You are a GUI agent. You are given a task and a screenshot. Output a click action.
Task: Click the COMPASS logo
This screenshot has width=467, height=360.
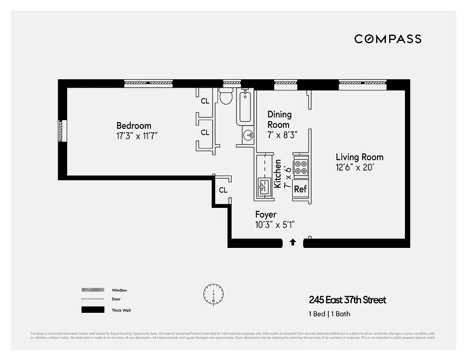coord(388,39)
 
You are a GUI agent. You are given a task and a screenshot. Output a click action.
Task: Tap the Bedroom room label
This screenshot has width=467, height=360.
coord(134,126)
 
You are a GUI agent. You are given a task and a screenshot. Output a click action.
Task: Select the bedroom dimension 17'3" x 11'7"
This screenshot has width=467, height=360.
coord(137,135)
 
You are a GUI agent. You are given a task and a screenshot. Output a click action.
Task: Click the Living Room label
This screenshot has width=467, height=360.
coord(359,157)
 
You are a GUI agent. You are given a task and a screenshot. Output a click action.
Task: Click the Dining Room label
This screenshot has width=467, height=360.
coord(279,120)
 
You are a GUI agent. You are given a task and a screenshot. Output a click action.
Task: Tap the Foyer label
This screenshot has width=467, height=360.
coord(266,215)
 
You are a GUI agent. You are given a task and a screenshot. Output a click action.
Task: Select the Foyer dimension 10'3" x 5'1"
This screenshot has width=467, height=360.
coord(275,225)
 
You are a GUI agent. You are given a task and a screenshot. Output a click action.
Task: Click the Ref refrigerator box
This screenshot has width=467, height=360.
coord(300,189)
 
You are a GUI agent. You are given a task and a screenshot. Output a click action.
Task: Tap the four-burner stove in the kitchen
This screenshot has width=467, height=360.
coord(300,167)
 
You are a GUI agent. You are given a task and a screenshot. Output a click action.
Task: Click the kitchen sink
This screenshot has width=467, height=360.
coord(263,185)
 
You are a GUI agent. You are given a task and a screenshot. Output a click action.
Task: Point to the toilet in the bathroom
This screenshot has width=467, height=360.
coord(226,96)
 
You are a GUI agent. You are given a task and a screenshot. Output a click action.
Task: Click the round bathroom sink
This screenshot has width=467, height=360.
coord(248,135)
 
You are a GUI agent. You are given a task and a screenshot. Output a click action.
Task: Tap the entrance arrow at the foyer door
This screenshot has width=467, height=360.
coord(293,242)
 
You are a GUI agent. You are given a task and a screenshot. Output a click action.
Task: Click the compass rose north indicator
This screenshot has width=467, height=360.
coord(213,295)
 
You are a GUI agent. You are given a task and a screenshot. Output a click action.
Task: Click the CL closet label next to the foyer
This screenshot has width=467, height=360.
coord(223,190)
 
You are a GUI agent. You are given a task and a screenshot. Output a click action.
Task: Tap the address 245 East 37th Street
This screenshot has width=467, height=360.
coord(347,300)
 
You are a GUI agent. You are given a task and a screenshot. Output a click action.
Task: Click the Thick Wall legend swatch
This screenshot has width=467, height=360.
coord(92,310)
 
